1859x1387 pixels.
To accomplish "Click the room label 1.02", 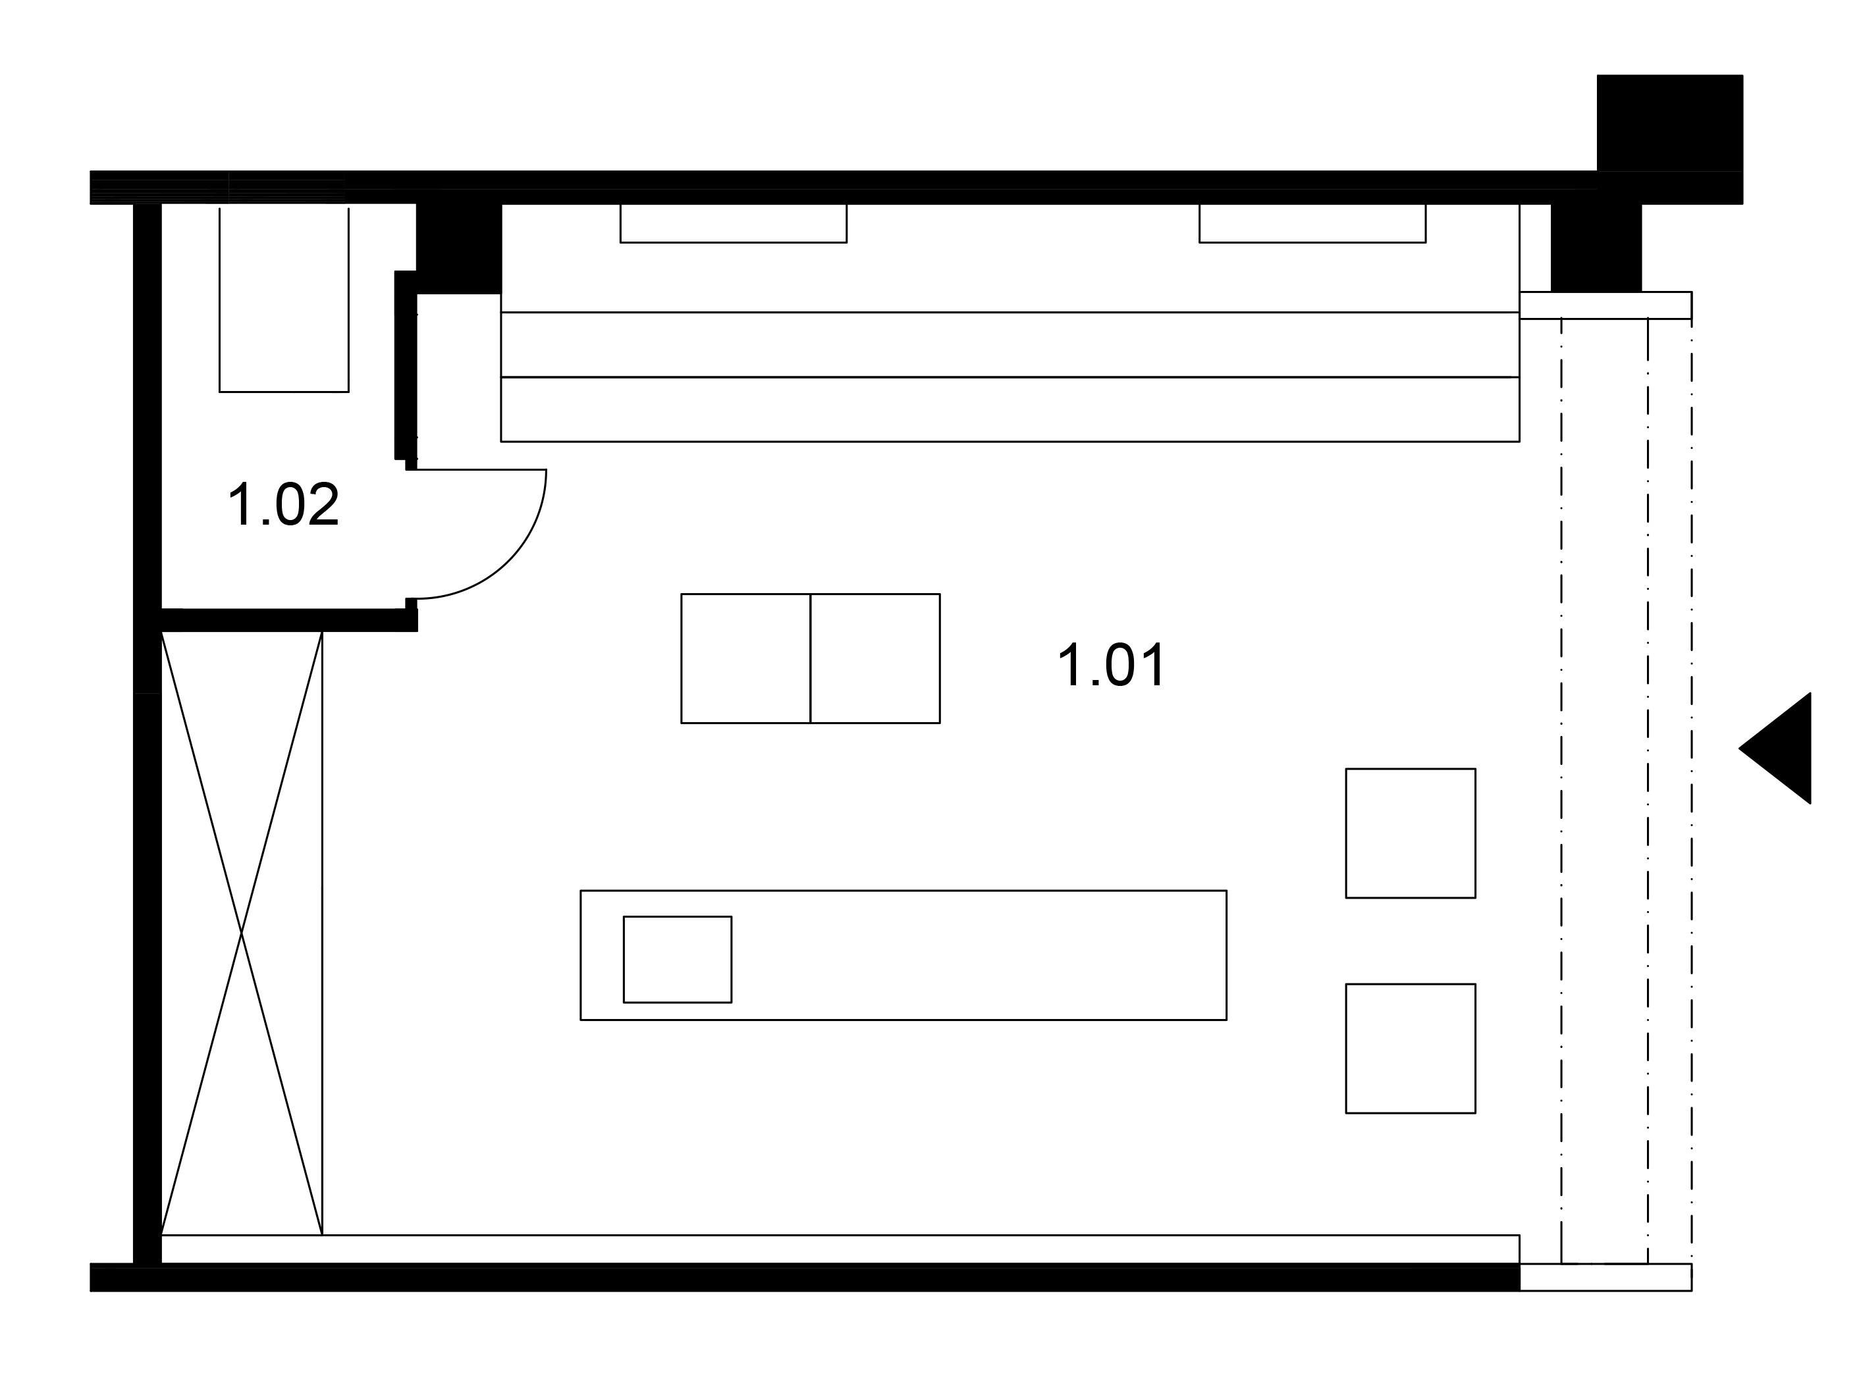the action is pyautogui.click(x=284, y=504).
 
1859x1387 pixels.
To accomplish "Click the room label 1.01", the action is pyautogui.click(x=1112, y=665).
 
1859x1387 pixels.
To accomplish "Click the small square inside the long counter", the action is pyautogui.click(x=677, y=959).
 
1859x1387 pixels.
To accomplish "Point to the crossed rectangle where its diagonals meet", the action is pyautogui.click(x=242, y=932).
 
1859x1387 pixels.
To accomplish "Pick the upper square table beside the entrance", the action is pyautogui.click(x=1411, y=833).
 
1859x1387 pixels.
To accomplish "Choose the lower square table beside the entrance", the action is pyautogui.click(x=1411, y=1049).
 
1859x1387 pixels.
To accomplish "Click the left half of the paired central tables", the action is pyautogui.click(x=745, y=658).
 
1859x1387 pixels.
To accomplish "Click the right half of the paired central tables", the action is pyautogui.click(x=875, y=658).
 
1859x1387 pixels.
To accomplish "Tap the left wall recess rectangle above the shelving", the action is pyautogui.click(x=733, y=223).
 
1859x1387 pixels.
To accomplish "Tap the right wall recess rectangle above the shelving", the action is pyautogui.click(x=1312, y=223).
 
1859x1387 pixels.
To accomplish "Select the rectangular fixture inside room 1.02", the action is pyautogui.click(x=284, y=300).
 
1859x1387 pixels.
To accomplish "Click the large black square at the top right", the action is pyautogui.click(x=1669, y=122).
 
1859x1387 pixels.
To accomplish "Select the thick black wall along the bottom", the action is pyautogui.click(x=805, y=1277).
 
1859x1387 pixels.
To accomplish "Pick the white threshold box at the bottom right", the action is pyautogui.click(x=1605, y=1277).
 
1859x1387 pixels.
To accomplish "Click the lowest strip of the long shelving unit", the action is pyautogui.click(x=1010, y=409).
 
